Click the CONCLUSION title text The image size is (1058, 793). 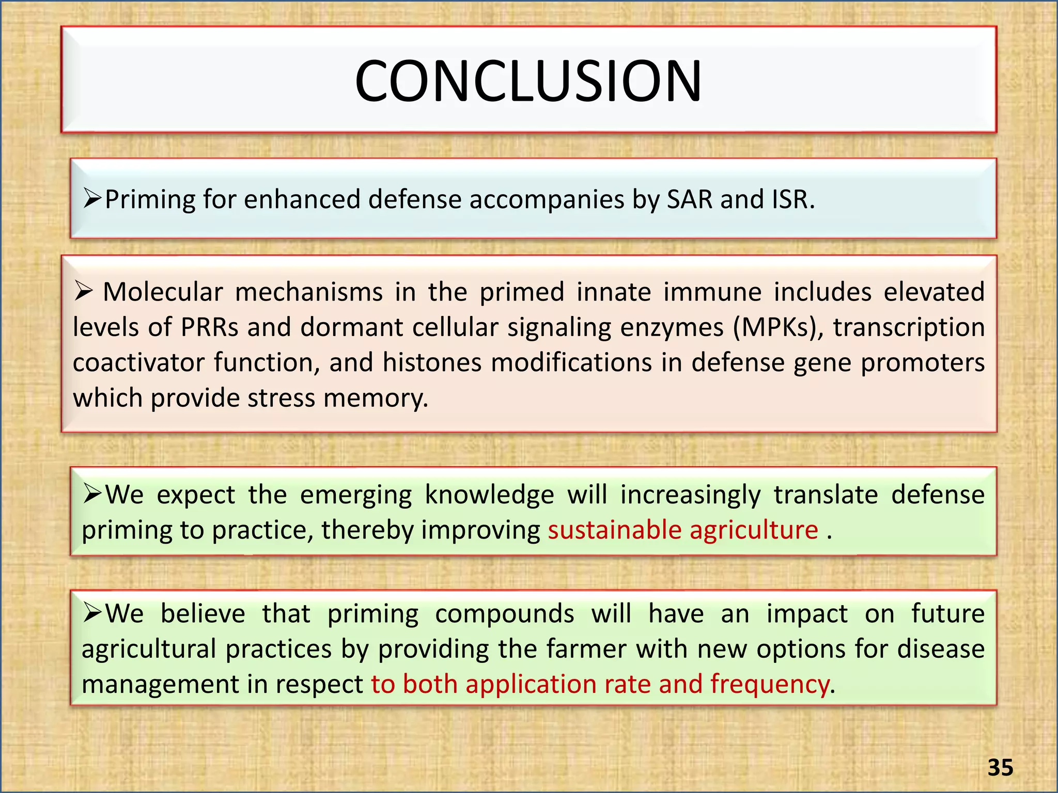[x=528, y=81]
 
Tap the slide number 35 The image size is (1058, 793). [x=1000, y=768]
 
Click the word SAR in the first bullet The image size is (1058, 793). [x=690, y=199]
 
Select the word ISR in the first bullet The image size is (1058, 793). [x=792, y=199]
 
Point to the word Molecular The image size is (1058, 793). [x=163, y=292]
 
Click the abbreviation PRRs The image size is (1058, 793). [x=210, y=327]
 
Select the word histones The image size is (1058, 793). [x=432, y=362]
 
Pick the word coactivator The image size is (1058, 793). [x=138, y=362]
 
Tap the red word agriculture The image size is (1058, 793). [x=754, y=530]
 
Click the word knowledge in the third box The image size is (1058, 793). [x=489, y=495]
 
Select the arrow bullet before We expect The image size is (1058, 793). [x=92, y=494]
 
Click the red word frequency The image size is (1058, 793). [x=769, y=684]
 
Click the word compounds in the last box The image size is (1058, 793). [x=504, y=614]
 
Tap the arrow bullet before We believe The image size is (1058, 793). [x=92, y=613]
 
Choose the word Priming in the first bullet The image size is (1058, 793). [x=150, y=199]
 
